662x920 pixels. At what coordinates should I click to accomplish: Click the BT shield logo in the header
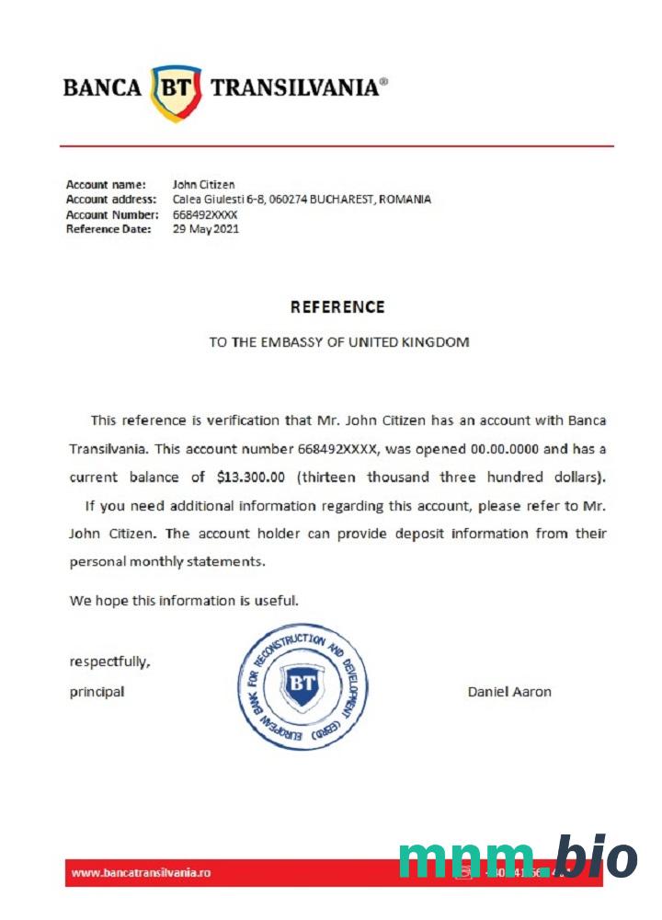[176, 91]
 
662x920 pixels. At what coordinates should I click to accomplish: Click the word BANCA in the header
[102, 88]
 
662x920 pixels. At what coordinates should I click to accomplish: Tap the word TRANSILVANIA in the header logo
[294, 88]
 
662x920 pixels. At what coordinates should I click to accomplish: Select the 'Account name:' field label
[106, 184]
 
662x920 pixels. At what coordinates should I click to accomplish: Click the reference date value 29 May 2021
[206, 229]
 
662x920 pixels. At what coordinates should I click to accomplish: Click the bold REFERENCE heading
[337, 307]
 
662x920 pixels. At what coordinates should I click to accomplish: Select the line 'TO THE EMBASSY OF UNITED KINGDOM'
[338, 342]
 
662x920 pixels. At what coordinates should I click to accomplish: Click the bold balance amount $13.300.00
[252, 477]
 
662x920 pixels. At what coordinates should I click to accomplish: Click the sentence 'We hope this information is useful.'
[184, 601]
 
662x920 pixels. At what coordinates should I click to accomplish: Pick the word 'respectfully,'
[109, 661]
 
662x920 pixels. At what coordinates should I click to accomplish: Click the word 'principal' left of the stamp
[97, 692]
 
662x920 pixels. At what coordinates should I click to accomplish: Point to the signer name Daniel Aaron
[509, 692]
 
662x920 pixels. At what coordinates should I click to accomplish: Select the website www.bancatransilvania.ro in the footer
[142, 872]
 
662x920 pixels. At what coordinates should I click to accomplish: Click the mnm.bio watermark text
[517, 858]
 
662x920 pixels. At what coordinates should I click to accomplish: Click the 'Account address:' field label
[111, 199]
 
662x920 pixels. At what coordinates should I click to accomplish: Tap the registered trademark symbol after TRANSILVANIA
[383, 81]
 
